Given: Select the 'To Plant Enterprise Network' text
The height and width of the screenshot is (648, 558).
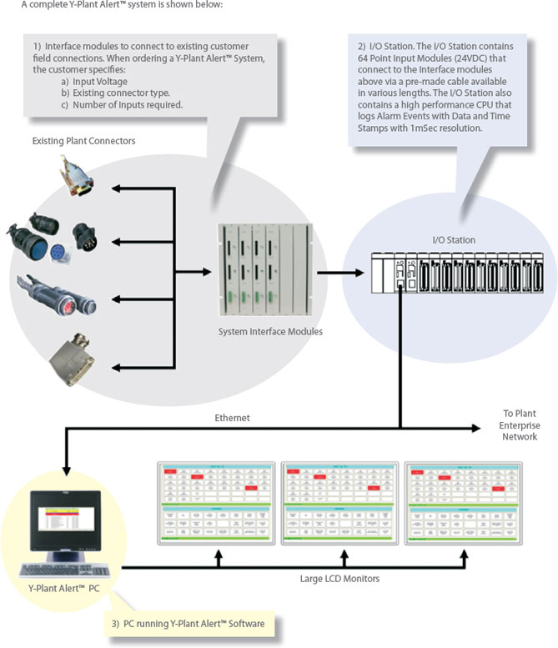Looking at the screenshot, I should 520,425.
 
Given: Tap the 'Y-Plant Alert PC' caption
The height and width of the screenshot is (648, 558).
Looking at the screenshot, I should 64,594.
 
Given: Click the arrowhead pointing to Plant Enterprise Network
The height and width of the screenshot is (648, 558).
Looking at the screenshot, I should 477,428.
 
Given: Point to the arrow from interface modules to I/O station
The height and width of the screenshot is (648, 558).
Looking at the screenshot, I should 341,272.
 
